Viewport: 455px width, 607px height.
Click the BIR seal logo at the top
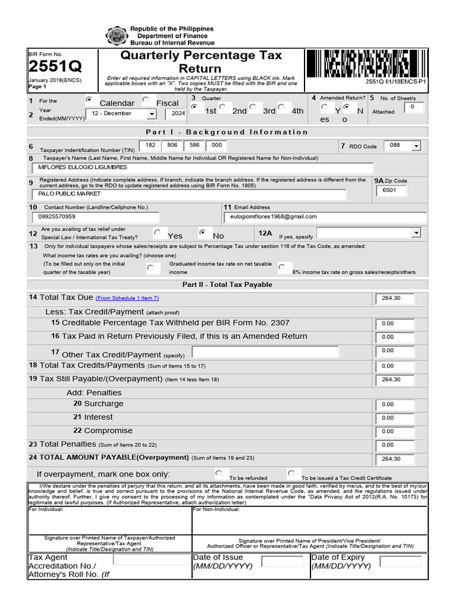116,36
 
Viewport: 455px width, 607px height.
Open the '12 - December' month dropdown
120,113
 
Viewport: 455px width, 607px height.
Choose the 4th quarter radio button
281,107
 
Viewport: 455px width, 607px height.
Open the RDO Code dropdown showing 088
402,145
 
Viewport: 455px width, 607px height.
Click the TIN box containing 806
172,145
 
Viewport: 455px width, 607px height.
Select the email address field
326,217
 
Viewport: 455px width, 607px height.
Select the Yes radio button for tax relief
157,233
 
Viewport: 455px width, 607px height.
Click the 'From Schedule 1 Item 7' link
127,298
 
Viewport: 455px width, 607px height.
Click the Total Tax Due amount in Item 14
395,298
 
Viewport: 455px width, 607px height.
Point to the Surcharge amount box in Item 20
395,404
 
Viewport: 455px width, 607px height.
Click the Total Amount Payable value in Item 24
395,459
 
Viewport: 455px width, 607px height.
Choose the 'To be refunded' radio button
219,473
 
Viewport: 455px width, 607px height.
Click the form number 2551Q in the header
55,66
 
